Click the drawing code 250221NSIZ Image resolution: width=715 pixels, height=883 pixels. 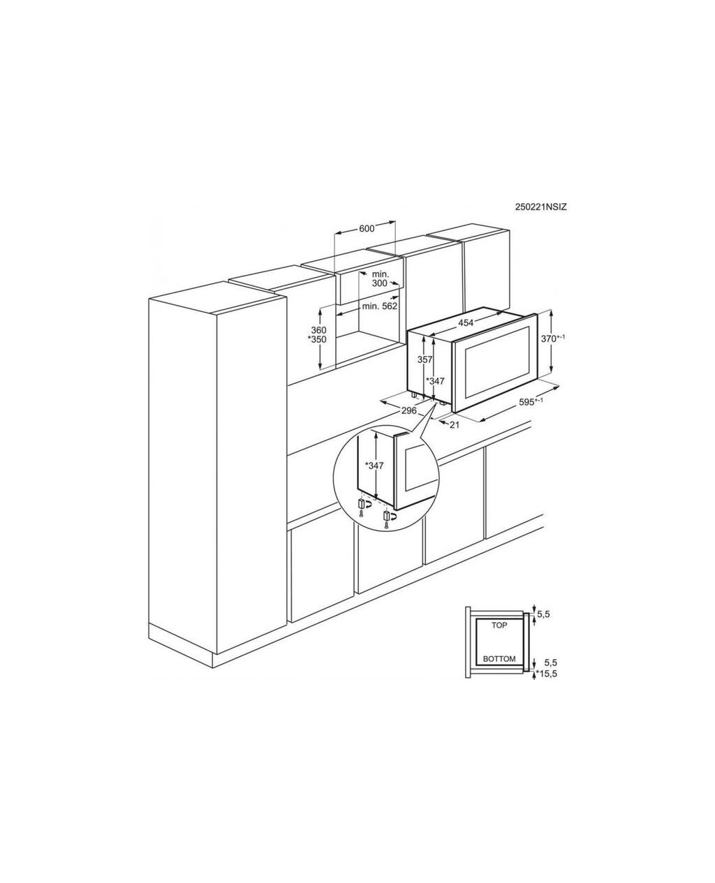[540, 207]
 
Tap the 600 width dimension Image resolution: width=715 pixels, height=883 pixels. [367, 228]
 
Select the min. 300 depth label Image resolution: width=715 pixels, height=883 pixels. [380, 279]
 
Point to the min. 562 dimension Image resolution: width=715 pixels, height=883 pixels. [380, 306]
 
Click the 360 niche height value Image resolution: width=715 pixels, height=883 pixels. [318, 330]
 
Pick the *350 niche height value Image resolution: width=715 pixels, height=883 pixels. [317, 339]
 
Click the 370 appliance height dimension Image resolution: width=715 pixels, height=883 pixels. [553, 339]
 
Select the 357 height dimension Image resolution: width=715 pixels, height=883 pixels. [425, 360]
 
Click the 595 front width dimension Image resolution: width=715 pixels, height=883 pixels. [531, 401]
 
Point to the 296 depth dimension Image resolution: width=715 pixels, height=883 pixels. [408, 411]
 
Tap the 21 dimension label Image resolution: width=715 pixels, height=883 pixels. [455, 425]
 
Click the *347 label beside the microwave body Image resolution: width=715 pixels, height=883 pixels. [436, 381]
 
